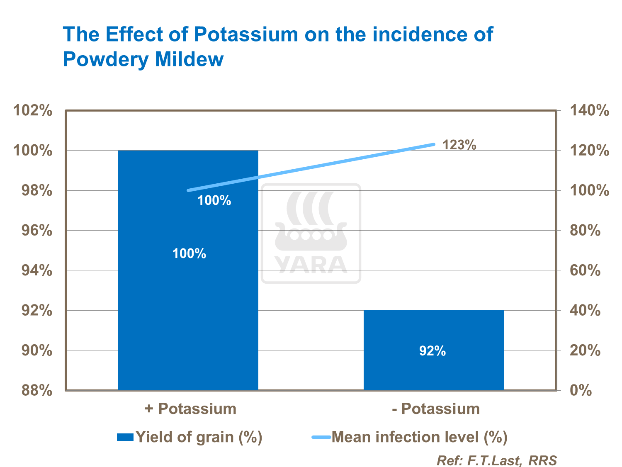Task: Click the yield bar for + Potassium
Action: pos(188,290)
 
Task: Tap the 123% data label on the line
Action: pos(459,145)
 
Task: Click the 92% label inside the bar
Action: pos(432,351)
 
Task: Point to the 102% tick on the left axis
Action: pos(33,111)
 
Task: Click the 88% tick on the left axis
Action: pos(33,390)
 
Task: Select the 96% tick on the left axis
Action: pos(33,231)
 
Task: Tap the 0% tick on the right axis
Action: pos(581,390)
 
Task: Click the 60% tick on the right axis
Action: pos(585,271)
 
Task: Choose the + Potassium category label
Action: pos(190,409)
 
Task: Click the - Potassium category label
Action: pos(436,409)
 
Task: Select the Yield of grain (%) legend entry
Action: pos(190,437)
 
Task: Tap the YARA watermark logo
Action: pos(311,233)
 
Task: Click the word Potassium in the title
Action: pos(246,34)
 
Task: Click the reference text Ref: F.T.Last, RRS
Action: pos(496,460)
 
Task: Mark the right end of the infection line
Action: pos(434,144)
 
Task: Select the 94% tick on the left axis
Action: pos(33,271)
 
